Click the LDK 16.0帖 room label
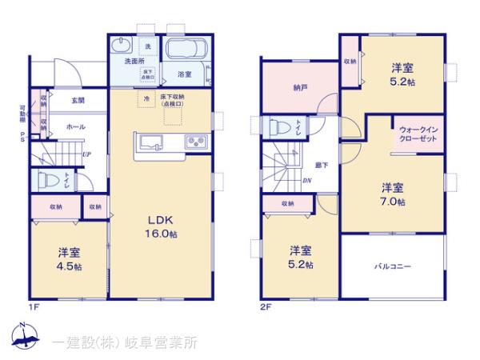click(159, 226)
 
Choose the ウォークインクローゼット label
click(418, 133)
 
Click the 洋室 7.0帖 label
click(392, 194)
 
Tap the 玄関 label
click(77, 100)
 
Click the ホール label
click(75, 126)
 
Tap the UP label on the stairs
click(84, 155)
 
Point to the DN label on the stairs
click(307, 180)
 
